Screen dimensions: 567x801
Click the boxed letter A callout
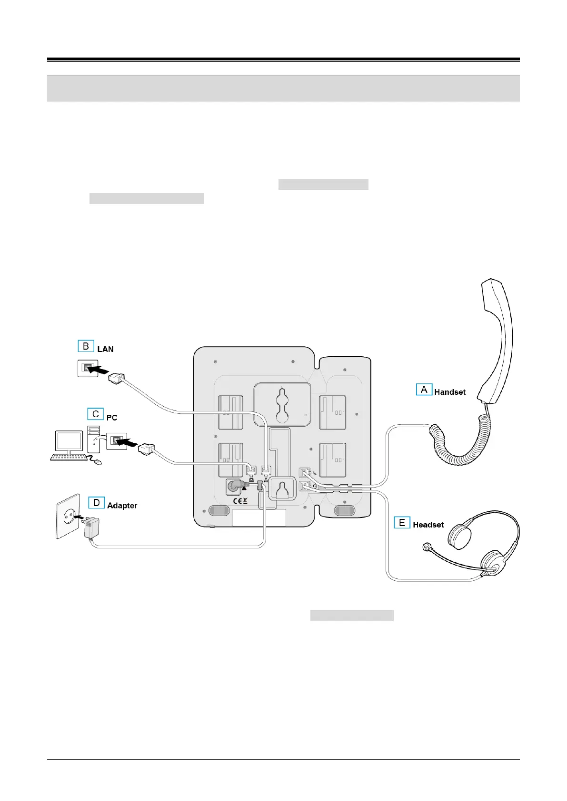pyautogui.click(x=424, y=390)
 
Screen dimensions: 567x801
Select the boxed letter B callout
pyautogui.click(x=86, y=346)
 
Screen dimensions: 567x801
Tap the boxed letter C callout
pyautogui.click(x=95, y=414)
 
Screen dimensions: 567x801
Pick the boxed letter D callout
pyautogui.click(x=96, y=502)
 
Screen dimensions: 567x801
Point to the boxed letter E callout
pyautogui.click(x=402, y=523)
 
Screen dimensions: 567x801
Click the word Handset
pyautogui.click(x=450, y=392)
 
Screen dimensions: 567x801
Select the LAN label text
pyautogui.click(x=105, y=349)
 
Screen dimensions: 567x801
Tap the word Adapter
pyautogui.click(x=122, y=506)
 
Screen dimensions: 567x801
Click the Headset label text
pyautogui.click(x=428, y=525)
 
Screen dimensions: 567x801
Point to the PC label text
pyautogui.click(x=112, y=418)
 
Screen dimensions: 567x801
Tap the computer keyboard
pyautogui.click(x=69, y=458)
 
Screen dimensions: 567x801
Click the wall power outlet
pyautogui.click(x=68, y=517)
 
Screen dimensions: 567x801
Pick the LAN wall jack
pyautogui.click(x=88, y=368)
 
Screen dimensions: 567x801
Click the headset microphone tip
pyautogui.click(x=427, y=547)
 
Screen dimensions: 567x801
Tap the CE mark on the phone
pyautogui.click(x=238, y=501)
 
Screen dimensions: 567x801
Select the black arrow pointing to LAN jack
pyautogui.click(x=100, y=368)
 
